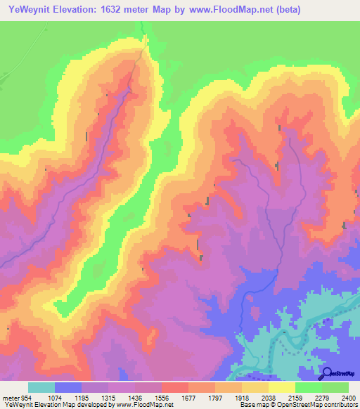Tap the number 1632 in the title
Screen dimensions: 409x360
click(x=113, y=10)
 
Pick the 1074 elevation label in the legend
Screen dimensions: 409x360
click(x=66, y=398)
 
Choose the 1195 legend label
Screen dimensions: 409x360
click(x=95, y=398)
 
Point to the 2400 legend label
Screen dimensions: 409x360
click(x=347, y=398)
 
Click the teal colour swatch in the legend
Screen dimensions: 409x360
click(x=41, y=387)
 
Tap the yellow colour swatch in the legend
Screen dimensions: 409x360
click(x=282, y=387)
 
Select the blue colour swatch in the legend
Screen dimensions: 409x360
click(x=68, y=387)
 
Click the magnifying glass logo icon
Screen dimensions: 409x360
click(x=327, y=372)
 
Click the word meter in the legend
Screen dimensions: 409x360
click(x=10, y=398)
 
